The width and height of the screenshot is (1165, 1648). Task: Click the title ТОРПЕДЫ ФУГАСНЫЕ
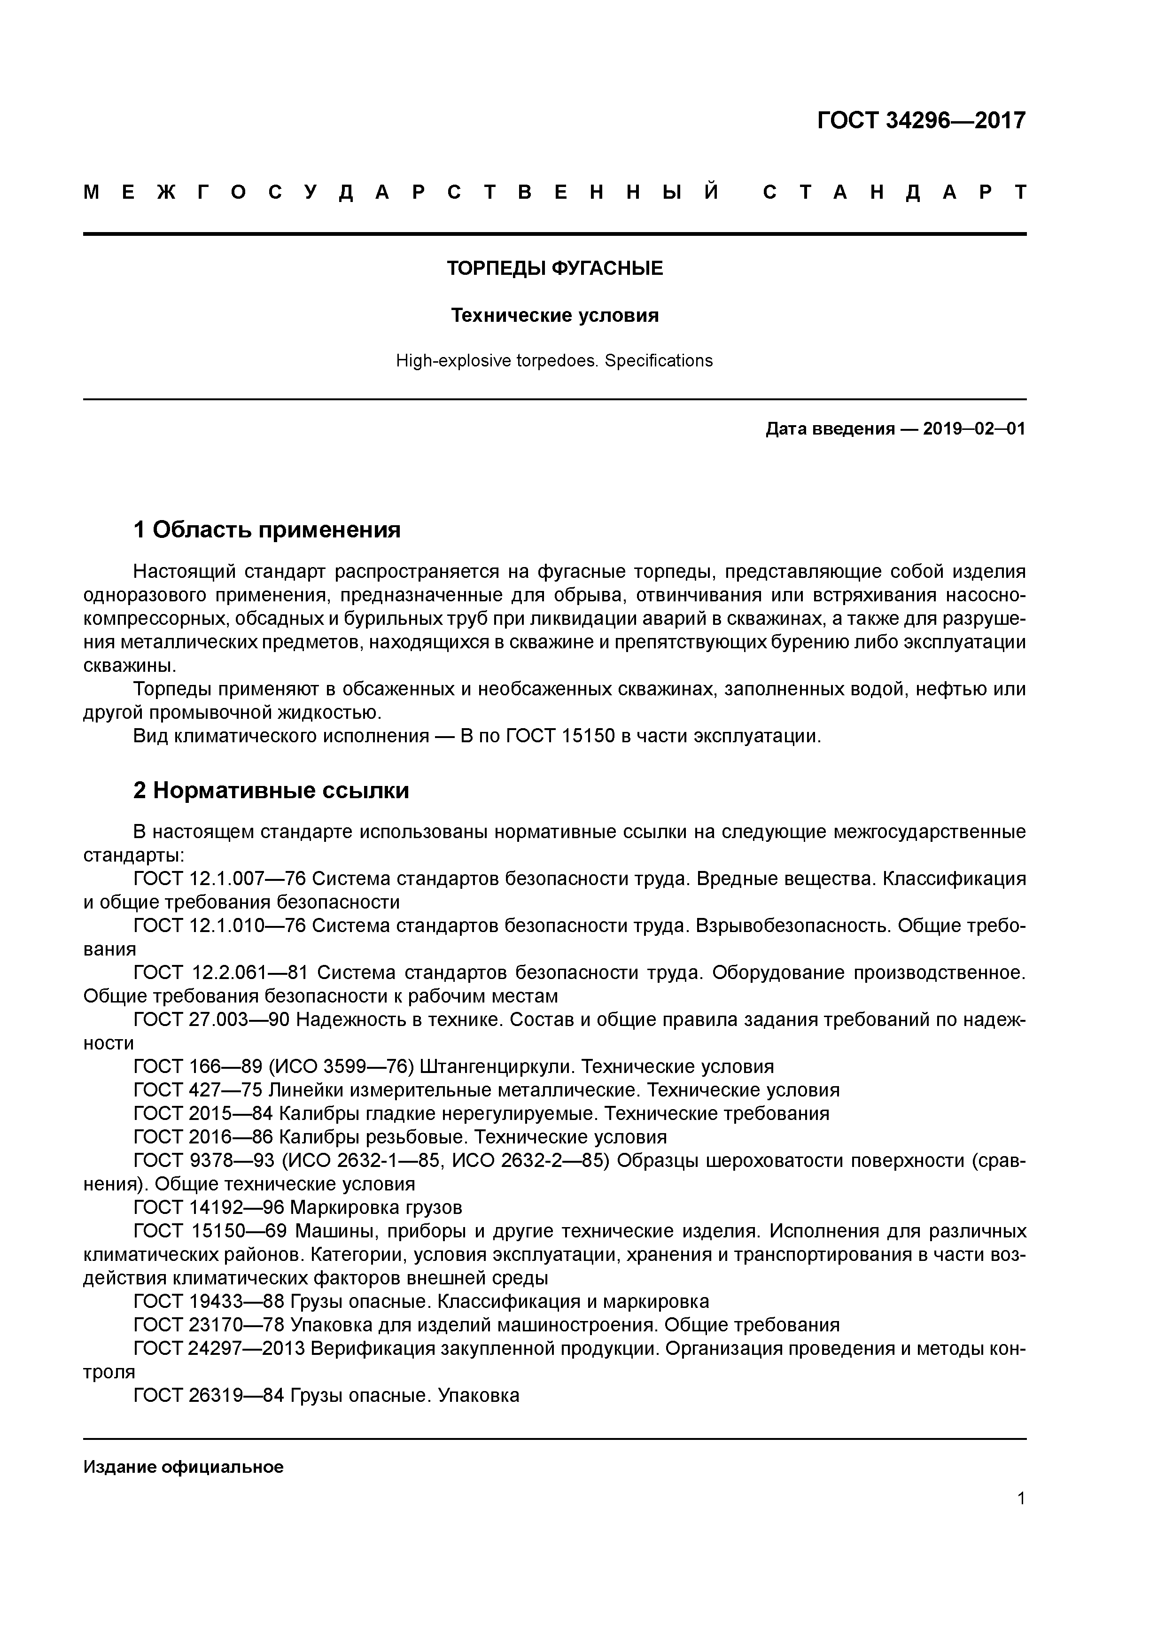pyautogui.click(x=554, y=268)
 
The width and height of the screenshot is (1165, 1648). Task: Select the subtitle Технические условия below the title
pyautogui.click(x=554, y=316)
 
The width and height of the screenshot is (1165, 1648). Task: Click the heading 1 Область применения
pyautogui.click(x=266, y=530)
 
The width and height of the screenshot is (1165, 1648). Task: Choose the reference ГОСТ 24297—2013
pyautogui.click(x=220, y=1349)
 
